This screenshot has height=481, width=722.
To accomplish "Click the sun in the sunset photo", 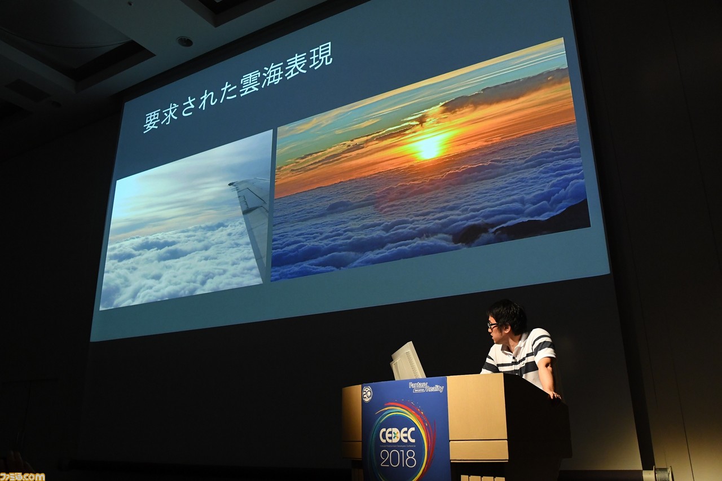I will click(429, 148).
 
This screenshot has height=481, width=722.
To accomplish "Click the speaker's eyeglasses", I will click(493, 325).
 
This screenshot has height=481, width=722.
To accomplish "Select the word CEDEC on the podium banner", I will click(398, 435).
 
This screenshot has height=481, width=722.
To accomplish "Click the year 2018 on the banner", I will click(398, 458).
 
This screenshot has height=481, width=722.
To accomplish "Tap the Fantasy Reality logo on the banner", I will click(426, 387).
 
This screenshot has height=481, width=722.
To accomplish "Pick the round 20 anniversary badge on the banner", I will click(367, 394).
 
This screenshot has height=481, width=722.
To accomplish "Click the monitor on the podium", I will click(407, 361).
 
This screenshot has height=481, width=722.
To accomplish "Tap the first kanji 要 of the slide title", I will click(152, 120).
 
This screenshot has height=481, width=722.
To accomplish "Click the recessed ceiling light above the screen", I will click(184, 41).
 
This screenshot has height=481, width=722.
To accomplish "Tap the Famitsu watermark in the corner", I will click(22, 476).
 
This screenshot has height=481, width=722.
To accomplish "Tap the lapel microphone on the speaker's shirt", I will click(514, 359).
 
